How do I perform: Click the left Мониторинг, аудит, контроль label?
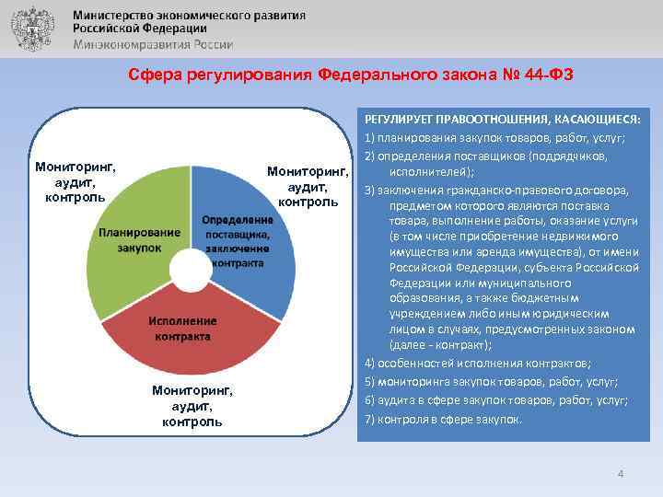75,183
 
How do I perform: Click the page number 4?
621,473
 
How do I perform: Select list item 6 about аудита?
496,400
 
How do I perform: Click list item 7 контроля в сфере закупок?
444,419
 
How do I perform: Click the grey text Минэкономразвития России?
153,44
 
